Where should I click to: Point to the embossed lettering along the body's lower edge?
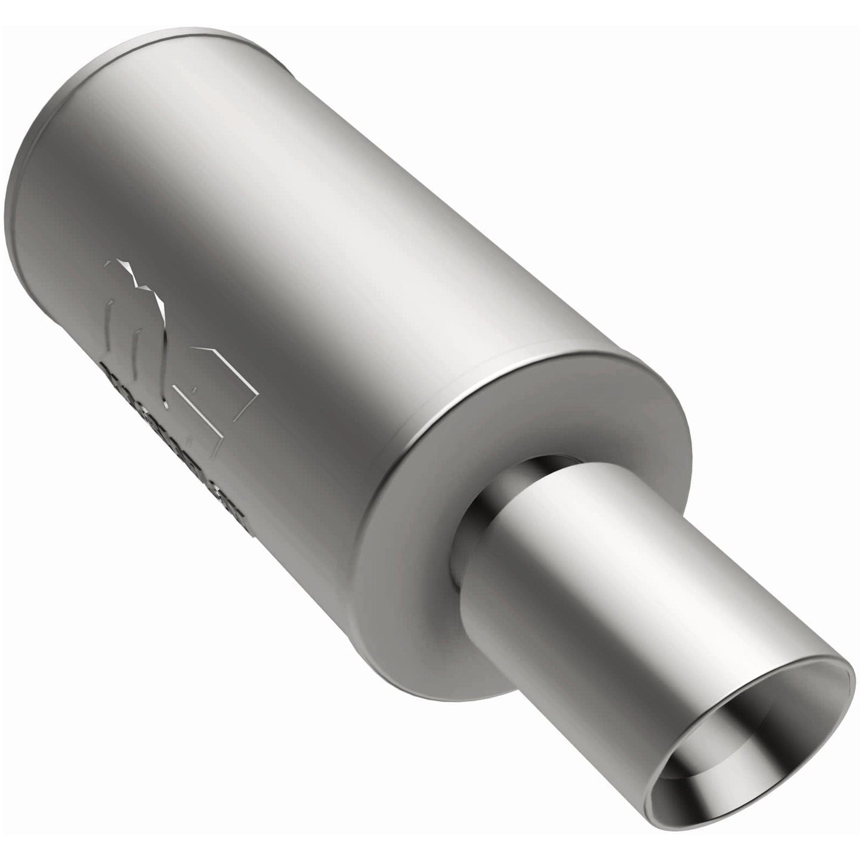click(179, 418)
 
